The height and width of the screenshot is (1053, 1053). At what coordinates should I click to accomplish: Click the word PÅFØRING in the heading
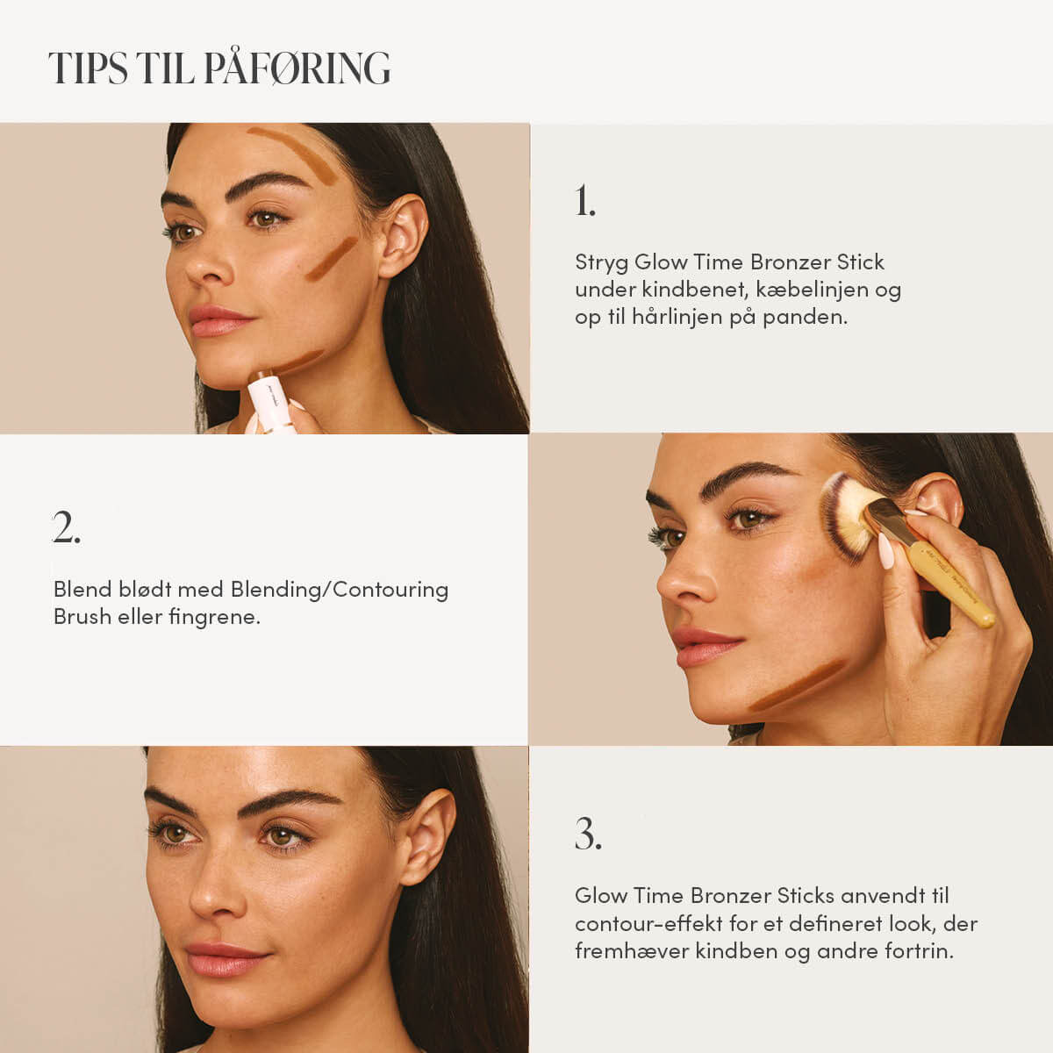point(297,68)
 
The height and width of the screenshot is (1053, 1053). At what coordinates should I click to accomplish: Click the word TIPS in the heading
point(88,68)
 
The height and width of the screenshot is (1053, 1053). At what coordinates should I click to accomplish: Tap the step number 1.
point(584,201)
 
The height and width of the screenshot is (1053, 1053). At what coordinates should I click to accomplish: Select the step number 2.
point(67,527)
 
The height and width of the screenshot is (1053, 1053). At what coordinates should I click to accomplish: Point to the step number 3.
point(588,834)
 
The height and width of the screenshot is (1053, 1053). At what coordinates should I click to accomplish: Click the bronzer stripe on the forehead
point(294,154)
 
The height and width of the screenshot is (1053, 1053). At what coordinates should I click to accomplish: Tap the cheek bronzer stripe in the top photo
point(332,259)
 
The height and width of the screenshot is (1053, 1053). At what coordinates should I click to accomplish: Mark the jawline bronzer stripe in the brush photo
point(797,684)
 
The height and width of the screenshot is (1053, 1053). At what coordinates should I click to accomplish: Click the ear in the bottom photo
point(427,836)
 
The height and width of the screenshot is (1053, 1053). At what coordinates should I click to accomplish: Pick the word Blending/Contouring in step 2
point(340,590)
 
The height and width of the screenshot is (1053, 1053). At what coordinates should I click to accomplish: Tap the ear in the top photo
point(403,236)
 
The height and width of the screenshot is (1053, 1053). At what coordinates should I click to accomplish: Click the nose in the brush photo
point(686,579)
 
